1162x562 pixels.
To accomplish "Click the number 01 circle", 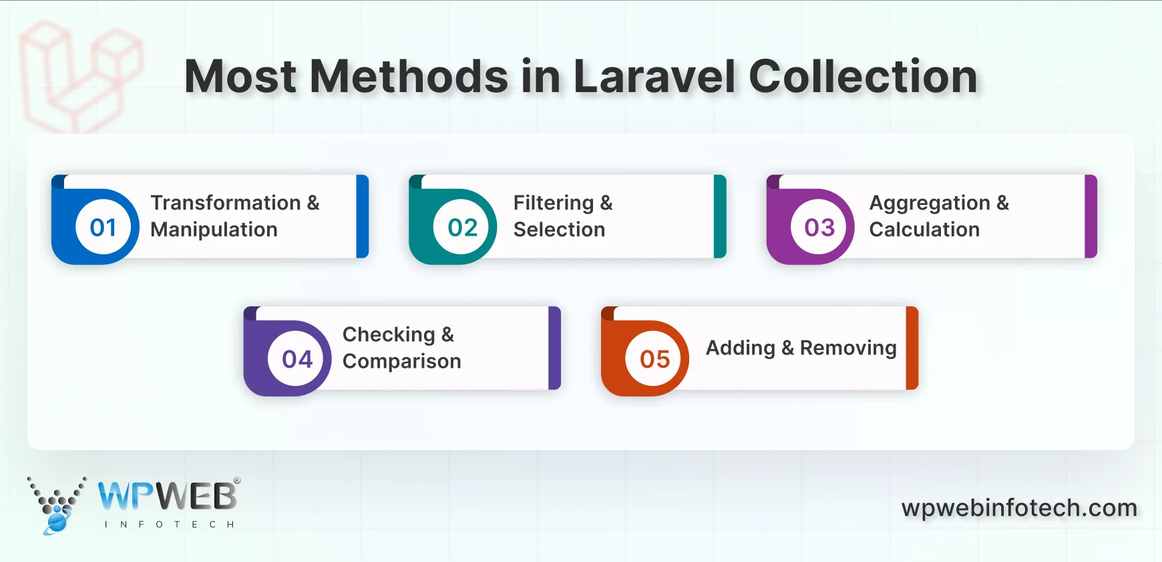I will pos(103,228).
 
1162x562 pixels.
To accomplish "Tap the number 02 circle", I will pos(462,228).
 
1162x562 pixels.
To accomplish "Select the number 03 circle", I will pos(819,228).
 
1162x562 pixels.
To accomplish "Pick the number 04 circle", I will pos(297,359).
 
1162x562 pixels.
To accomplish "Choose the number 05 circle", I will pos(654,359).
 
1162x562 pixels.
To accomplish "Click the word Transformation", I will pos(226,203).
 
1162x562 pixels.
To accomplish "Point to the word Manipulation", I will pos(214,230).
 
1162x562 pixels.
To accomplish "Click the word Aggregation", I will pos(930,203).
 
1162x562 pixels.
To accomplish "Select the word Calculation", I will pos(924,230).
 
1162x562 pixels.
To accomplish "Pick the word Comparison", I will pos(401,361).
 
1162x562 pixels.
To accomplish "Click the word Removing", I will pos(848,348).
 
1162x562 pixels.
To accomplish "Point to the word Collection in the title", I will pos(863,76).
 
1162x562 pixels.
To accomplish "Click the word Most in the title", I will pos(240,76).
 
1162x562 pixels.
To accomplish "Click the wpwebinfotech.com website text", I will pos(1019,508).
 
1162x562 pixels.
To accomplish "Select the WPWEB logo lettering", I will pos(167,497).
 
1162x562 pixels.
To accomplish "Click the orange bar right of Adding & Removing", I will pos(912,348).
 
